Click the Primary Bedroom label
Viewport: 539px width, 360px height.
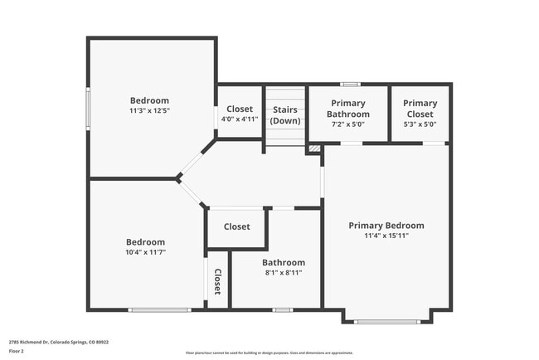pyautogui.click(x=386, y=226)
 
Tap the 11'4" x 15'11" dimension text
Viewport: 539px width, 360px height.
pyautogui.click(x=386, y=236)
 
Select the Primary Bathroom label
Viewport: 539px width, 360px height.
pyautogui.click(x=347, y=109)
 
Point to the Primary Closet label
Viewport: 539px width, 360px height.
pyautogui.click(x=420, y=109)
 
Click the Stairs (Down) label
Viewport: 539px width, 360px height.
pyautogui.click(x=285, y=115)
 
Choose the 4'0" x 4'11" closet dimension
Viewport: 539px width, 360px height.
pyautogui.click(x=240, y=119)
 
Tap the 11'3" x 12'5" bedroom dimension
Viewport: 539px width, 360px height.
pyautogui.click(x=149, y=110)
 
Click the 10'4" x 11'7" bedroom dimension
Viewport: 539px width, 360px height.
pyautogui.click(x=145, y=252)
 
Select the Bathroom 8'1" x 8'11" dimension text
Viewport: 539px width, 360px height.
pyautogui.click(x=284, y=272)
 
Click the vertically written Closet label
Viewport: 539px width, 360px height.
pyautogui.click(x=217, y=282)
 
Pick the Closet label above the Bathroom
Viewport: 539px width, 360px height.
pyautogui.click(x=236, y=226)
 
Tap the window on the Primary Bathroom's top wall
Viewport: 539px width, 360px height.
pyautogui.click(x=350, y=84)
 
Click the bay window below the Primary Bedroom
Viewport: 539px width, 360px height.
pyautogui.click(x=386, y=321)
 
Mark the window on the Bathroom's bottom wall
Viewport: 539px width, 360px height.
pyautogui.click(x=283, y=309)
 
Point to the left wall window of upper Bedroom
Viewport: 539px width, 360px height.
pyautogui.click(x=89, y=108)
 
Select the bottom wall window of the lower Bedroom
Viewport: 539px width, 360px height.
pyautogui.click(x=159, y=309)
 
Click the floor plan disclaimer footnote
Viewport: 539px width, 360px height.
pyautogui.click(x=269, y=353)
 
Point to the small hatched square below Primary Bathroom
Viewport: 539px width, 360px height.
pyautogui.click(x=313, y=148)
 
